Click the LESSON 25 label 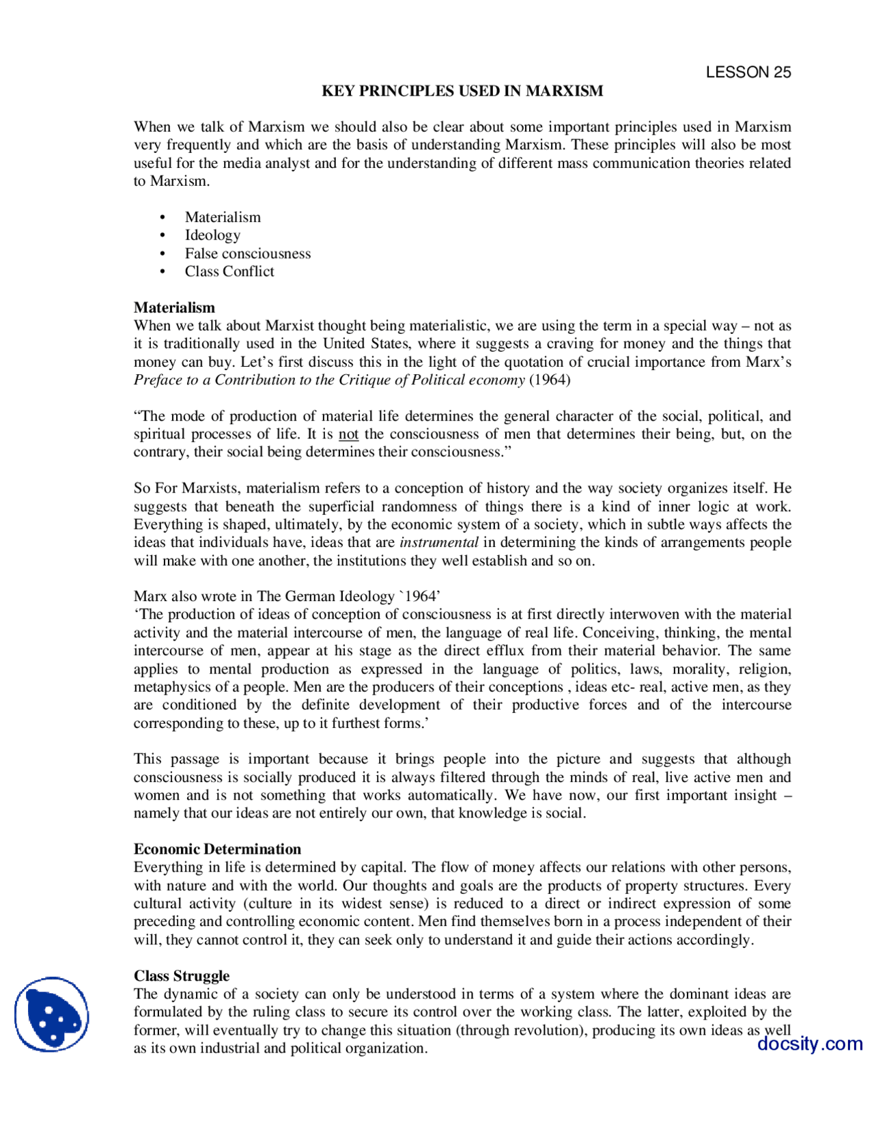coord(748,72)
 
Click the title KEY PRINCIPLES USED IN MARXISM coord(462,91)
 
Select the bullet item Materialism coord(223,217)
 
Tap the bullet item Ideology coord(212,235)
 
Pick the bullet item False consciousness coord(247,253)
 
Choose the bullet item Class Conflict coord(229,271)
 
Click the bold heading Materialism coord(174,307)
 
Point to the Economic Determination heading coord(217,849)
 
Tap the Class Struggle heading coord(182,975)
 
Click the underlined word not coord(348,434)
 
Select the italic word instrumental coord(438,542)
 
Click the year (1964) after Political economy coord(550,380)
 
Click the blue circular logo coord(51,1014)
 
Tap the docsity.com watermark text coord(809,1044)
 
